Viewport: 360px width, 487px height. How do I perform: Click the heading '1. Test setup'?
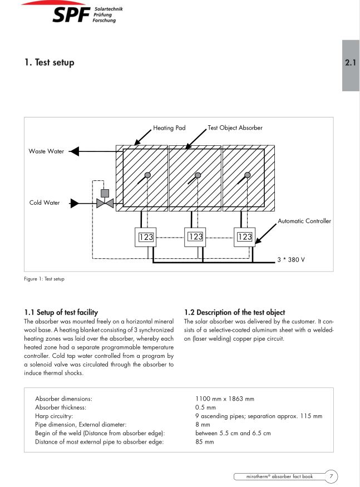point(49,62)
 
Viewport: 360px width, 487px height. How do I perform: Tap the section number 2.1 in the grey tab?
point(351,63)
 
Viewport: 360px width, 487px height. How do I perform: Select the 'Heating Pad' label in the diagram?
point(169,128)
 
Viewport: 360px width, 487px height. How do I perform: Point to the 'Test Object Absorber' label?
point(235,128)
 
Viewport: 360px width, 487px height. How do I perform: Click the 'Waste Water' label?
point(46,151)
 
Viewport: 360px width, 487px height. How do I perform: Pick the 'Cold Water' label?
point(45,203)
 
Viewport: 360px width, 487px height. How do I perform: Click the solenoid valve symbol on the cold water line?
point(104,202)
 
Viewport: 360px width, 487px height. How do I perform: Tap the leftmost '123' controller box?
point(146,238)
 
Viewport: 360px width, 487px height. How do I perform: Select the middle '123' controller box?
point(196,237)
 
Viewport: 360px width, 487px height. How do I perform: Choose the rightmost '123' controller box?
point(244,237)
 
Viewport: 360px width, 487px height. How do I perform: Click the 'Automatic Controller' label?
point(304,221)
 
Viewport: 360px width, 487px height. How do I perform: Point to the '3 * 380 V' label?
point(292,259)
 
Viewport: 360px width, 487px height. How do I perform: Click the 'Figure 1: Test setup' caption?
point(45,278)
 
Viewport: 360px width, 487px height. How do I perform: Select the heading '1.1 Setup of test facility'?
point(61,312)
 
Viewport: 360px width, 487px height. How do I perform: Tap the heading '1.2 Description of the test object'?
point(234,312)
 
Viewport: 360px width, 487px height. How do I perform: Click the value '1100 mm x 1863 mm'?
point(225,399)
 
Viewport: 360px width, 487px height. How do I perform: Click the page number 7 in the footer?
point(331,476)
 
